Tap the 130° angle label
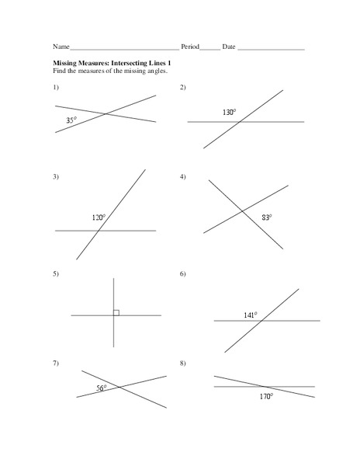point(229,113)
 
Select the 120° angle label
point(99,218)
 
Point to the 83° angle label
point(266,218)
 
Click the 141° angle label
point(250,315)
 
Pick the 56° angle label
point(101,388)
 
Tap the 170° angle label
point(266,396)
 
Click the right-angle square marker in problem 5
point(116,312)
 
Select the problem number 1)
point(56,87)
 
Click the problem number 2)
point(183,87)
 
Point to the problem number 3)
point(56,177)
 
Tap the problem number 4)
point(183,177)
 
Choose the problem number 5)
point(56,274)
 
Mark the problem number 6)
point(183,274)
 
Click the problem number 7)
point(56,363)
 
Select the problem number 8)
point(183,363)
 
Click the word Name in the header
point(61,47)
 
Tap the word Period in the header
point(190,47)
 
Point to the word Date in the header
point(229,47)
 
